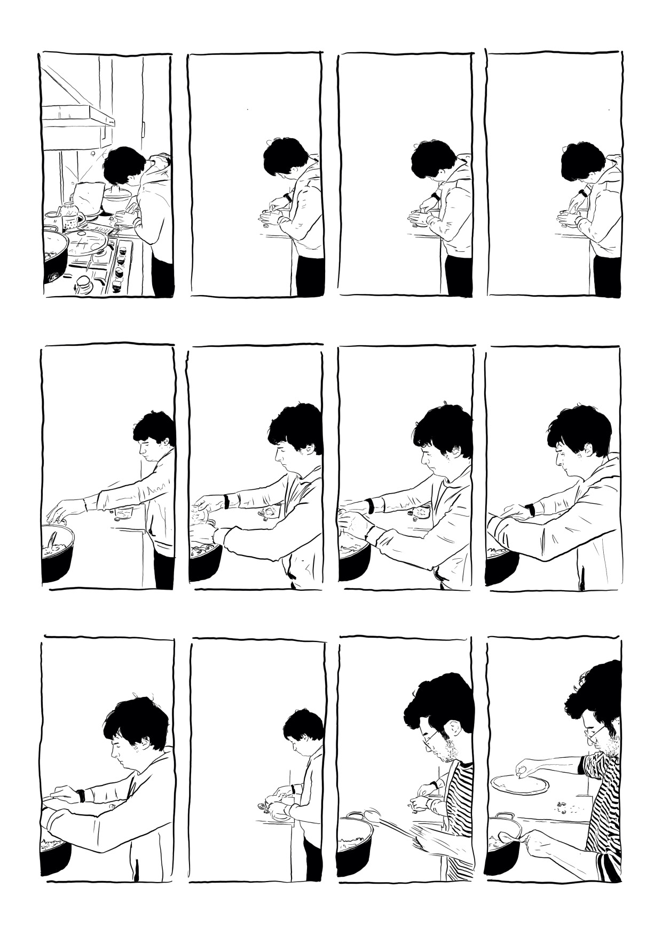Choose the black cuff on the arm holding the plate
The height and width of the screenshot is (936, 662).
(x=582, y=764)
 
